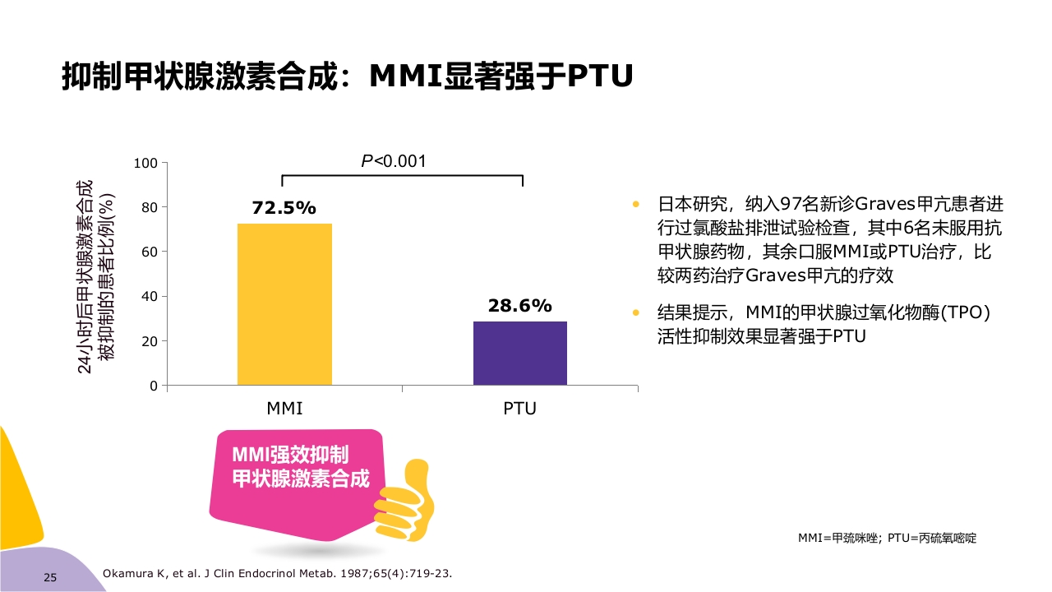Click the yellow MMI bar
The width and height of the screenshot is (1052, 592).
(284, 304)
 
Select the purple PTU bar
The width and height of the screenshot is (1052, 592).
(519, 353)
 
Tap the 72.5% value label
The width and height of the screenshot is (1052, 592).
(284, 208)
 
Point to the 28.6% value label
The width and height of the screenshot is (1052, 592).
(519, 306)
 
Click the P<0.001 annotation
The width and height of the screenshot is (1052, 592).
(394, 161)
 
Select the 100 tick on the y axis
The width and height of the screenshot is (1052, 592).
(145, 163)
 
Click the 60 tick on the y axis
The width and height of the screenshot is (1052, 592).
(148, 252)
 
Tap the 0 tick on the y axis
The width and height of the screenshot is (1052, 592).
(153, 386)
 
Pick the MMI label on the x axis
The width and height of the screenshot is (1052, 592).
(284, 409)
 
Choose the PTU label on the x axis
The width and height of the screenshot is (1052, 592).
(519, 409)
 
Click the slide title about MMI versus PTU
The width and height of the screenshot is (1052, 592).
(347, 76)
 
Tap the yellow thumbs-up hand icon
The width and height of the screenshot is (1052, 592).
(408, 502)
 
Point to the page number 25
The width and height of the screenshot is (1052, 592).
(49, 578)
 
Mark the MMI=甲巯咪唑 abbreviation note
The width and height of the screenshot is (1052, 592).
(887, 538)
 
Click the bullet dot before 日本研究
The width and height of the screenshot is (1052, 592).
(634, 204)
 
